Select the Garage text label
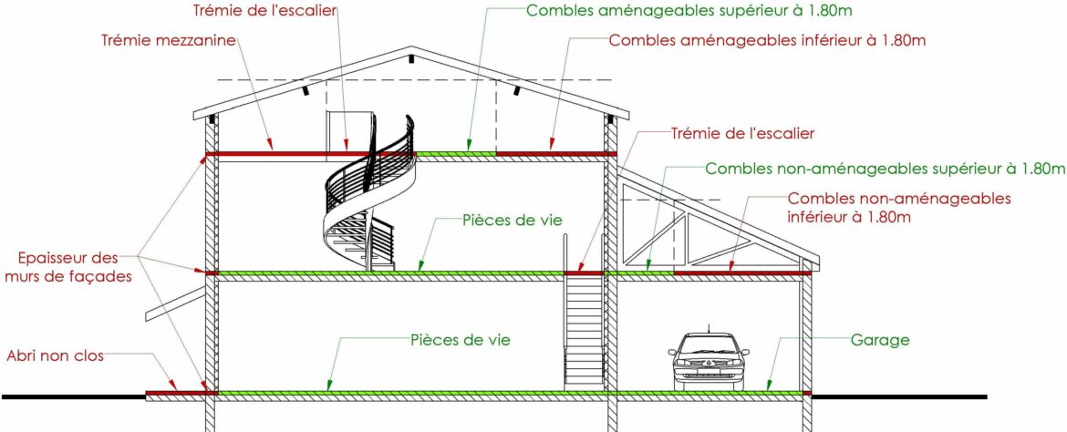880,340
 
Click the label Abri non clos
55,355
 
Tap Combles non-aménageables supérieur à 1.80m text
885,169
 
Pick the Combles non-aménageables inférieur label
898,207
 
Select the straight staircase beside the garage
584,328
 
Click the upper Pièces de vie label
513,220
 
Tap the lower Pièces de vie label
460,340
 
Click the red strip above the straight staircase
584,273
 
